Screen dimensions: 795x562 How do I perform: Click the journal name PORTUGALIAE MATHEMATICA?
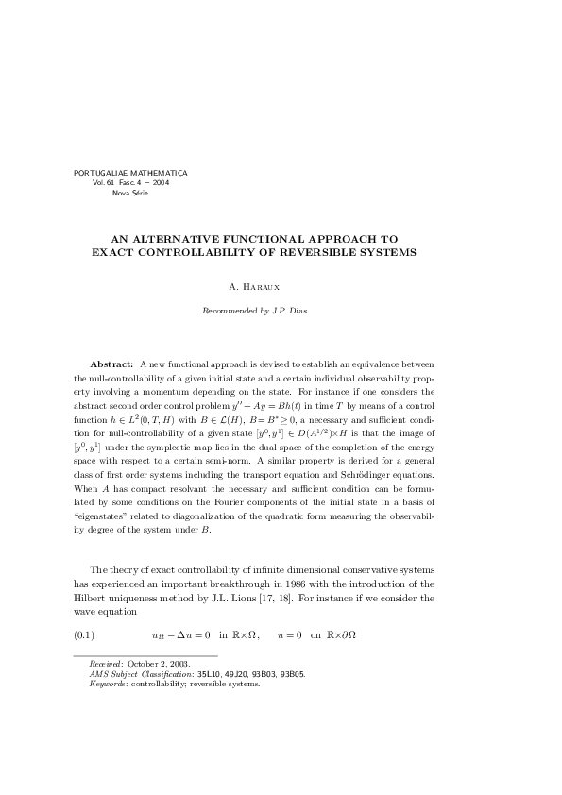pos(130,173)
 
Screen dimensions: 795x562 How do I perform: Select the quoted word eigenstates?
pos(103,516)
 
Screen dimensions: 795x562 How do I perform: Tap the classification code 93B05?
pos(291,675)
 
